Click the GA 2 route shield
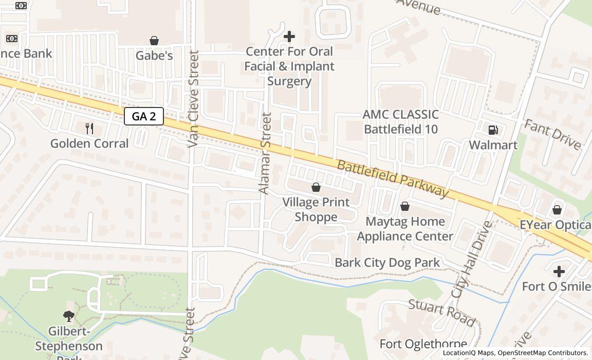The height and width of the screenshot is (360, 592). tap(144, 116)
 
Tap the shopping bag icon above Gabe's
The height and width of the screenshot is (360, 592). tap(154, 41)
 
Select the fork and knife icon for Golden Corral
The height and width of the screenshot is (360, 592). tap(89, 129)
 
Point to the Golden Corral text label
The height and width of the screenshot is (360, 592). tap(89, 143)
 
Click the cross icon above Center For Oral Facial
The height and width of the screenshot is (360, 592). tap(289, 37)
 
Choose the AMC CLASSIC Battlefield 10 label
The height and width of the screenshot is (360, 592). tap(401, 122)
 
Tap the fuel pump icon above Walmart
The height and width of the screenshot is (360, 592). tap(493, 130)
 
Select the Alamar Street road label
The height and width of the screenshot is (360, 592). tap(265, 153)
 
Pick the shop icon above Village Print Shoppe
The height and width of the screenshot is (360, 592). tap(316, 187)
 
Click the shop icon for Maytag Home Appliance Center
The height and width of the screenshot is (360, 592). tap(405, 207)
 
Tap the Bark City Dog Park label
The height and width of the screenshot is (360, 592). tap(387, 263)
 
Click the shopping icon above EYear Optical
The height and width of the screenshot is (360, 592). tap(557, 210)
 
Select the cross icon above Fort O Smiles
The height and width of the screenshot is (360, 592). tap(559, 271)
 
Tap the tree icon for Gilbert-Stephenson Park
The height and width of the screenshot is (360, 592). tap(69, 316)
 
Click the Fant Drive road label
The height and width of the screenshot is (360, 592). tap(552, 134)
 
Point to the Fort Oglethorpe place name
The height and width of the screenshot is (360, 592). tap(423, 344)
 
